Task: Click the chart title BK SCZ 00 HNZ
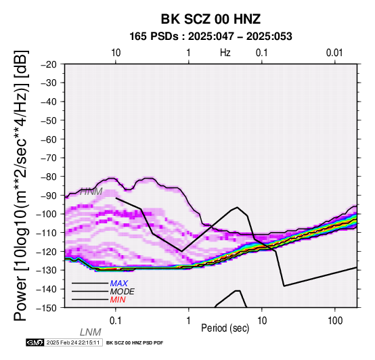(x=211, y=19)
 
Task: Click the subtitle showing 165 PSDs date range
(x=211, y=37)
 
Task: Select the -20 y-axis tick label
(x=49, y=64)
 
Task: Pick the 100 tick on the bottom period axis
(x=335, y=321)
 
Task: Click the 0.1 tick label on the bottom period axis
(x=115, y=321)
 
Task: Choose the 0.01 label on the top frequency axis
(x=334, y=53)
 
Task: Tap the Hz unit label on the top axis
(x=225, y=53)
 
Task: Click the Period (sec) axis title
(x=225, y=328)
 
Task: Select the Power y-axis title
(x=20, y=185)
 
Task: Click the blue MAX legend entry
(x=118, y=284)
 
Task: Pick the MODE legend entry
(x=122, y=292)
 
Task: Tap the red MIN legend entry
(x=118, y=300)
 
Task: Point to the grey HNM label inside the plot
(x=91, y=192)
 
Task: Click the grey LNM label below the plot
(x=91, y=332)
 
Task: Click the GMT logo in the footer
(x=35, y=342)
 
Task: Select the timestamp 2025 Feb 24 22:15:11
(x=73, y=342)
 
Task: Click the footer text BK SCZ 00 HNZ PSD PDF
(x=135, y=343)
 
